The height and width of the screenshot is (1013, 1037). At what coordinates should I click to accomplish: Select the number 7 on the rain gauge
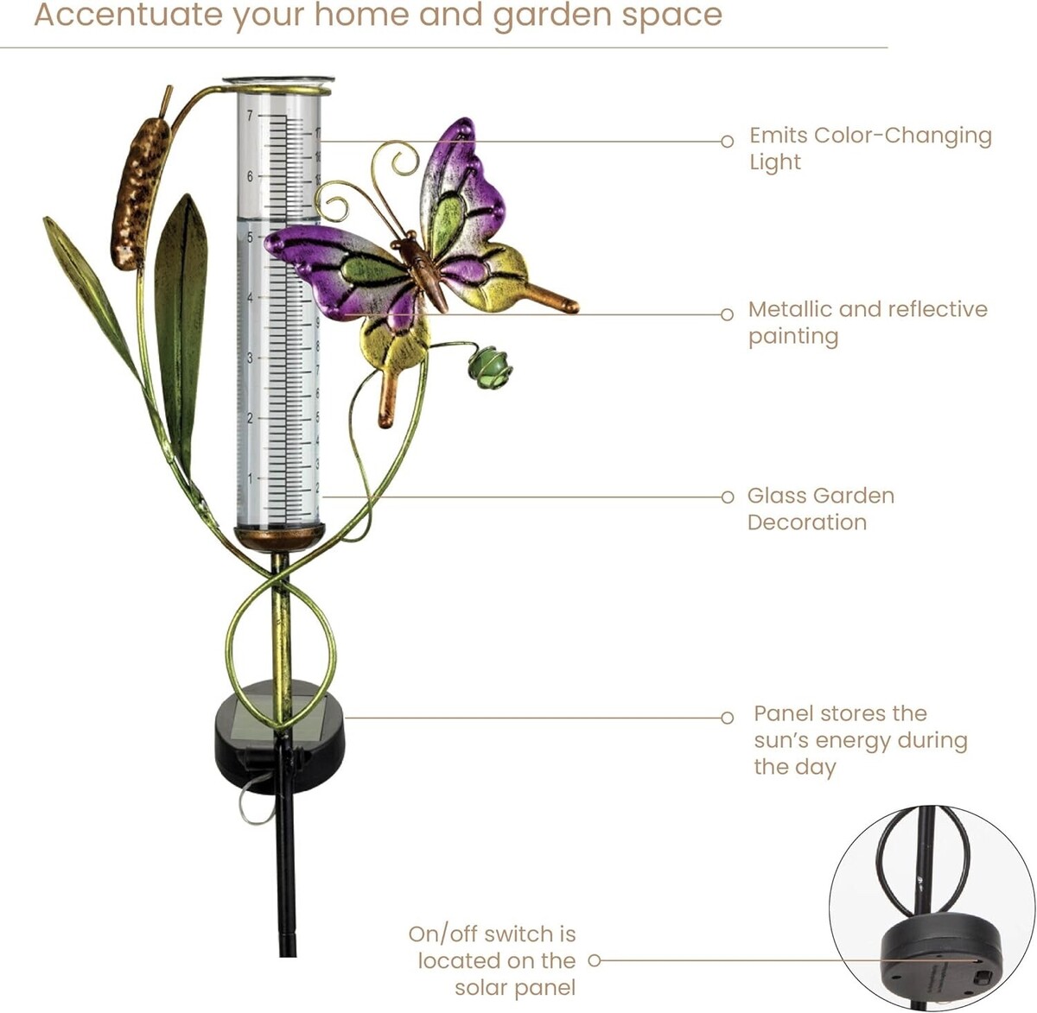click(x=250, y=115)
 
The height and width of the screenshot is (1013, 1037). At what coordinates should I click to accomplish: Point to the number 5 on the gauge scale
click(x=250, y=237)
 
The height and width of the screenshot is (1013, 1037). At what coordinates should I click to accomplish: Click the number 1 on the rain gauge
click(x=250, y=478)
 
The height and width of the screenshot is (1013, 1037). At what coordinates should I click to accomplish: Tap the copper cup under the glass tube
click(x=280, y=539)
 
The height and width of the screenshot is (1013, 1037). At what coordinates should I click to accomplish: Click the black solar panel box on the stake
click(x=279, y=738)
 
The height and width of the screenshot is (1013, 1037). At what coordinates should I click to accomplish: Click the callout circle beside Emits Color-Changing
click(x=727, y=142)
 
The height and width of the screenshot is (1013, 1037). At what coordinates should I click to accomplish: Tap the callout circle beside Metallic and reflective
click(x=727, y=314)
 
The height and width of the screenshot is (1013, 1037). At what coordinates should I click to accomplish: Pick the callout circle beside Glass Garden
click(x=727, y=497)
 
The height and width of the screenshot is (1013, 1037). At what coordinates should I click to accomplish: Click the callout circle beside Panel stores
click(x=727, y=718)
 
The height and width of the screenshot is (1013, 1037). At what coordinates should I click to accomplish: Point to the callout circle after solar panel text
click(x=595, y=961)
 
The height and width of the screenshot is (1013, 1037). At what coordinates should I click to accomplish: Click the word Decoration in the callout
click(x=807, y=522)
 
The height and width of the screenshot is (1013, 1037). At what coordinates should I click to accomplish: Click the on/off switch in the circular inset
click(x=983, y=977)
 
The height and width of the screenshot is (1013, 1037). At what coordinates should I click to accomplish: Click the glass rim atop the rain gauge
click(x=278, y=81)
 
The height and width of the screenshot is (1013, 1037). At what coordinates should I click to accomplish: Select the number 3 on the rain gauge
click(x=250, y=358)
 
